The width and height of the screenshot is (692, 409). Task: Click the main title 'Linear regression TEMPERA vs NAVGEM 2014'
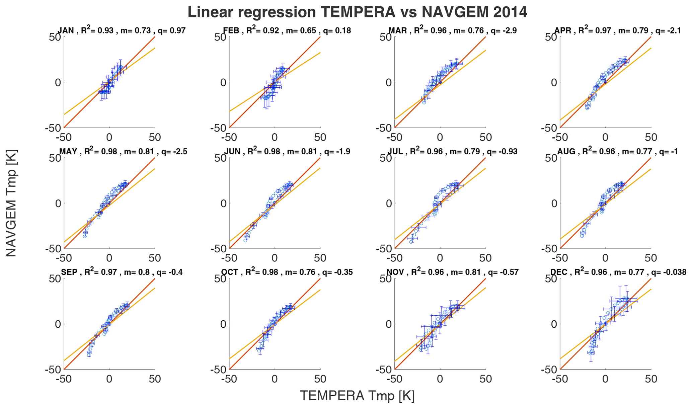[357, 12]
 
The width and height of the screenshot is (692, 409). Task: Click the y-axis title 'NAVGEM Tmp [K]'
[11, 203]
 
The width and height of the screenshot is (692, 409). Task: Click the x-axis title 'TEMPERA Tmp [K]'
[357, 396]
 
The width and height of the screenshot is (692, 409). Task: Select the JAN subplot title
[122, 30]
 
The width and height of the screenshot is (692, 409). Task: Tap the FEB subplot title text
[287, 30]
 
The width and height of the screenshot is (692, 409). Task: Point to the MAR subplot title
[452, 30]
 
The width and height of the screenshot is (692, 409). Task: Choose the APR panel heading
[618, 30]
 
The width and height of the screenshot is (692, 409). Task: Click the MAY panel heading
[123, 151]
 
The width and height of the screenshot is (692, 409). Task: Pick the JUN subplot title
[287, 151]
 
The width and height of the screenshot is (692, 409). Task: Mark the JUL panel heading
[452, 151]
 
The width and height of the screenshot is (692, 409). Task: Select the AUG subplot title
[618, 151]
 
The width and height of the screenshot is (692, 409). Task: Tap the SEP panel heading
[122, 272]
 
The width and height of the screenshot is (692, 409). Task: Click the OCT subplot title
[287, 272]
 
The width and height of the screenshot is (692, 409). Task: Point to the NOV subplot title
[452, 272]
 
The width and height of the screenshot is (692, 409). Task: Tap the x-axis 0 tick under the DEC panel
[605, 379]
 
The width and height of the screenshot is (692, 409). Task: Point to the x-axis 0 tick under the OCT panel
[275, 379]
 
